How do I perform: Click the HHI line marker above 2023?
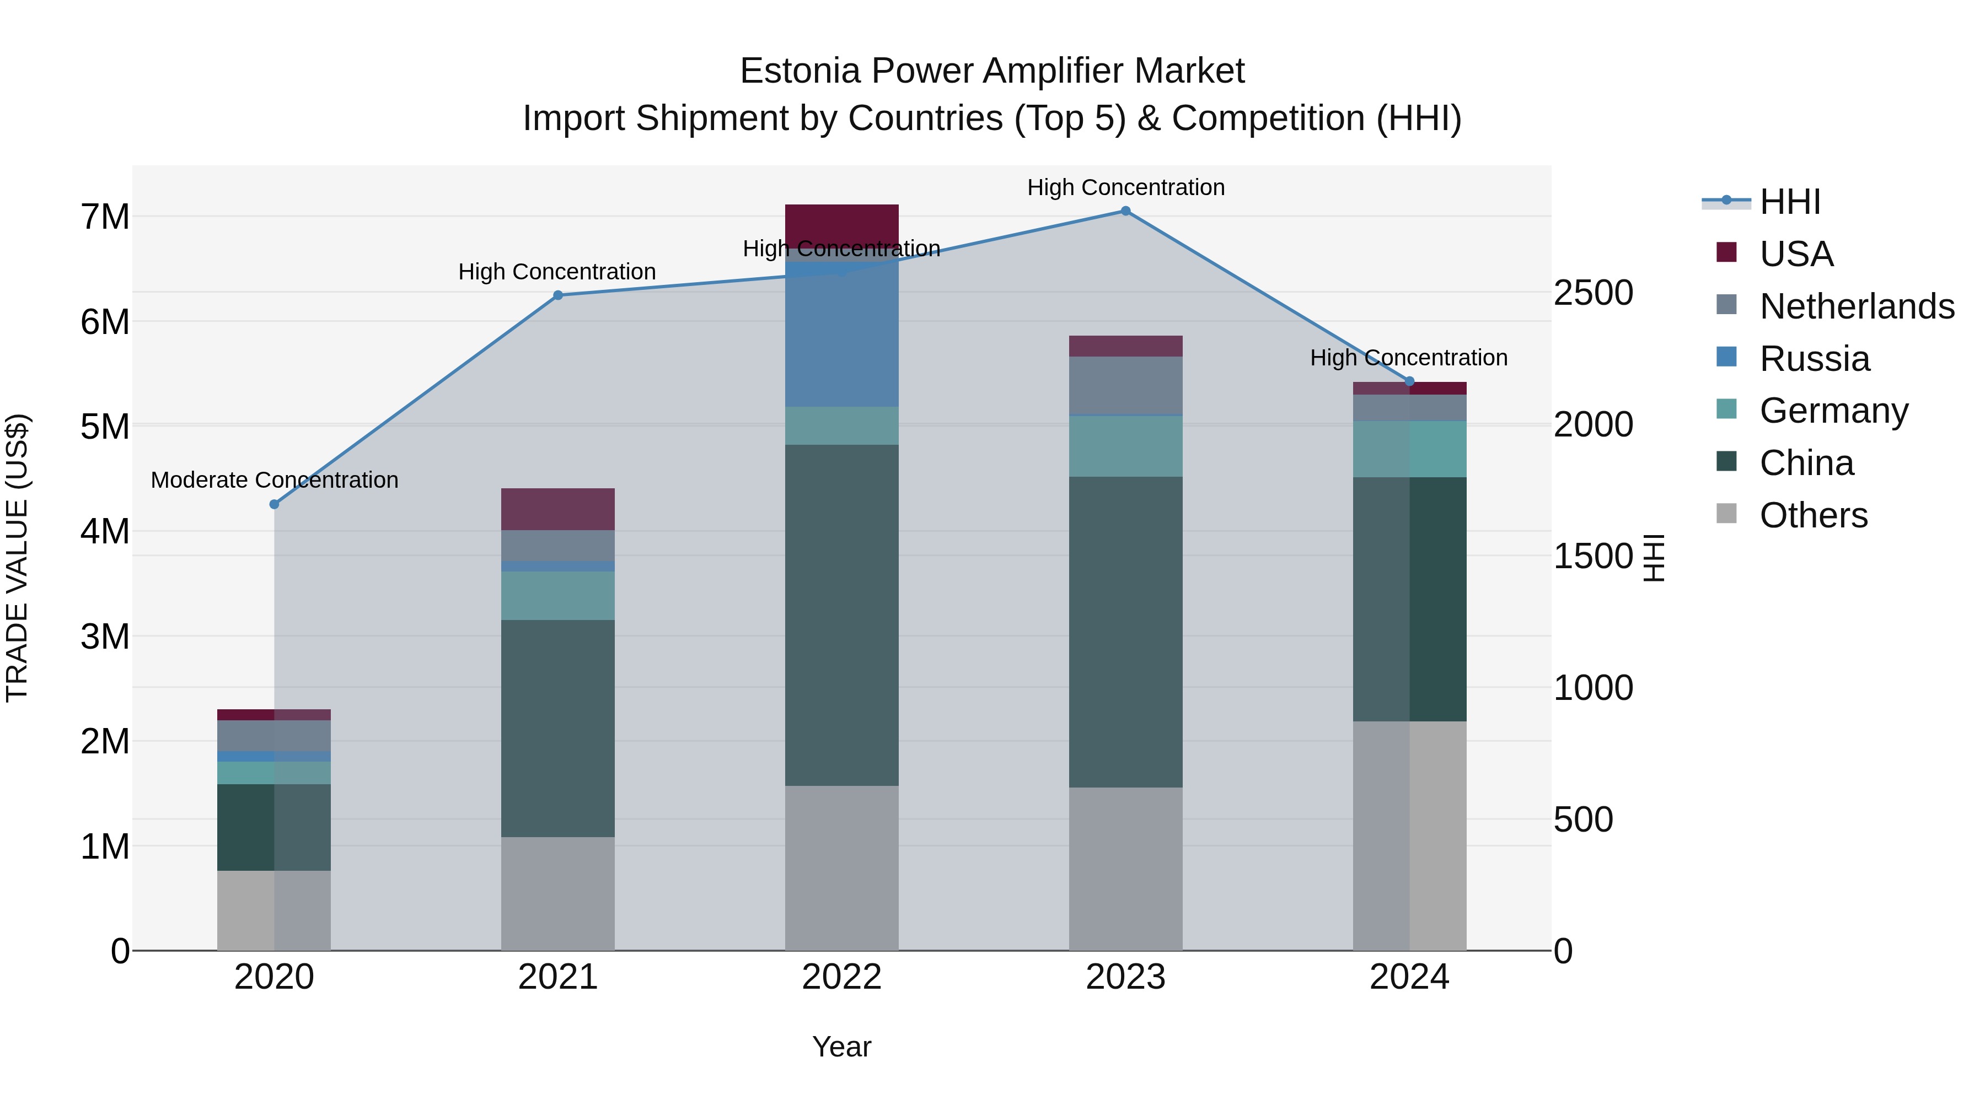pos(1125,211)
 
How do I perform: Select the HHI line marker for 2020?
pos(275,504)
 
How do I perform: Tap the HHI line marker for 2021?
pos(558,295)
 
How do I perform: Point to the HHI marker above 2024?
pos(1409,381)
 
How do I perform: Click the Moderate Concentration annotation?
pos(275,480)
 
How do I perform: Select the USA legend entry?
pos(1795,254)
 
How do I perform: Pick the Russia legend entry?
pos(1814,359)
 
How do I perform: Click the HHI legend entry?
pos(1789,202)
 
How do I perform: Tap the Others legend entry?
pos(1813,515)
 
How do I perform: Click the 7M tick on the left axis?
pos(105,217)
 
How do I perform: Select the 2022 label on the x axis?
pos(841,977)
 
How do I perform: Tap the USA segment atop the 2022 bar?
pos(841,223)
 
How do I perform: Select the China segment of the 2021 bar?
pos(558,728)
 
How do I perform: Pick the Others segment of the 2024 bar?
pos(1409,835)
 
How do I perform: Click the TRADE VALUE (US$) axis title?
pos(17,558)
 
